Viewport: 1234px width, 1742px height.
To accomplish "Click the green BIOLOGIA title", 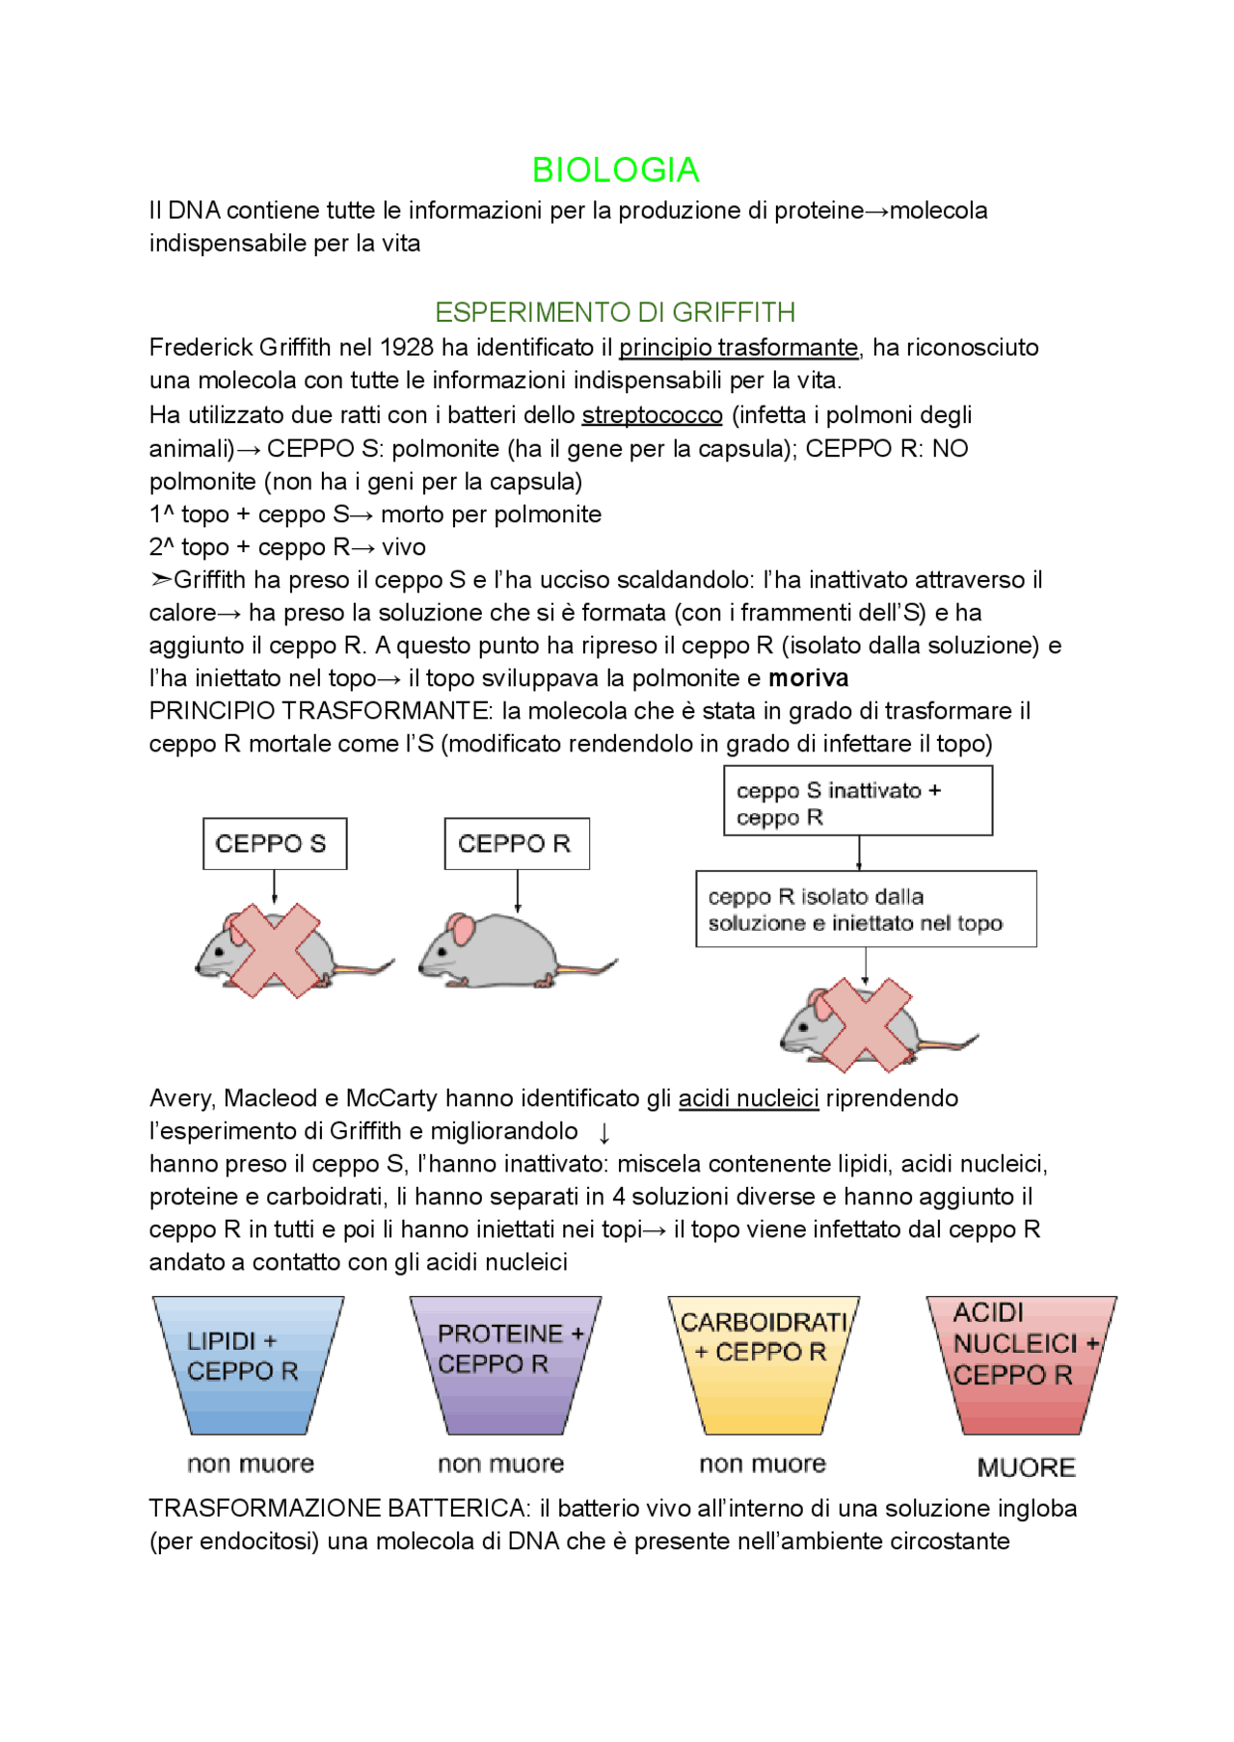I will [x=615, y=171].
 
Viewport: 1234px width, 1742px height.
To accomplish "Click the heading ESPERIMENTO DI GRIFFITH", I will [x=615, y=312].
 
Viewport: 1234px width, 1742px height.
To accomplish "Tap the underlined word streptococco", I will [x=652, y=415].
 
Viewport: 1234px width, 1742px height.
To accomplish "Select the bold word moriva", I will [x=808, y=678].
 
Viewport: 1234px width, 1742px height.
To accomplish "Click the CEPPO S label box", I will [x=275, y=844].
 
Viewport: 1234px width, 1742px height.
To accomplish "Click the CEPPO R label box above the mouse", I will [x=517, y=844].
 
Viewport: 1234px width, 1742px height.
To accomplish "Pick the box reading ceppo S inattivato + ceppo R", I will [x=858, y=802].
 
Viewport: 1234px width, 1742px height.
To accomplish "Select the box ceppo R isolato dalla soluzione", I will [x=866, y=910].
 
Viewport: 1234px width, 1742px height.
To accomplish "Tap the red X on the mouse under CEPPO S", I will [x=275, y=950].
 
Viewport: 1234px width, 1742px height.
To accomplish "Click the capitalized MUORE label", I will [x=1026, y=1467].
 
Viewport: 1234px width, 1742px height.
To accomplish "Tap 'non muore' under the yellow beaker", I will [x=763, y=1465].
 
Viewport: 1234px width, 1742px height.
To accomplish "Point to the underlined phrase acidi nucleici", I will [x=748, y=1099].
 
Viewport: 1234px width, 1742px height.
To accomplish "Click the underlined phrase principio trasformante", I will [x=738, y=348].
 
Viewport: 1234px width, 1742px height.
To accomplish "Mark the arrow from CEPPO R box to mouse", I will [x=518, y=891].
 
